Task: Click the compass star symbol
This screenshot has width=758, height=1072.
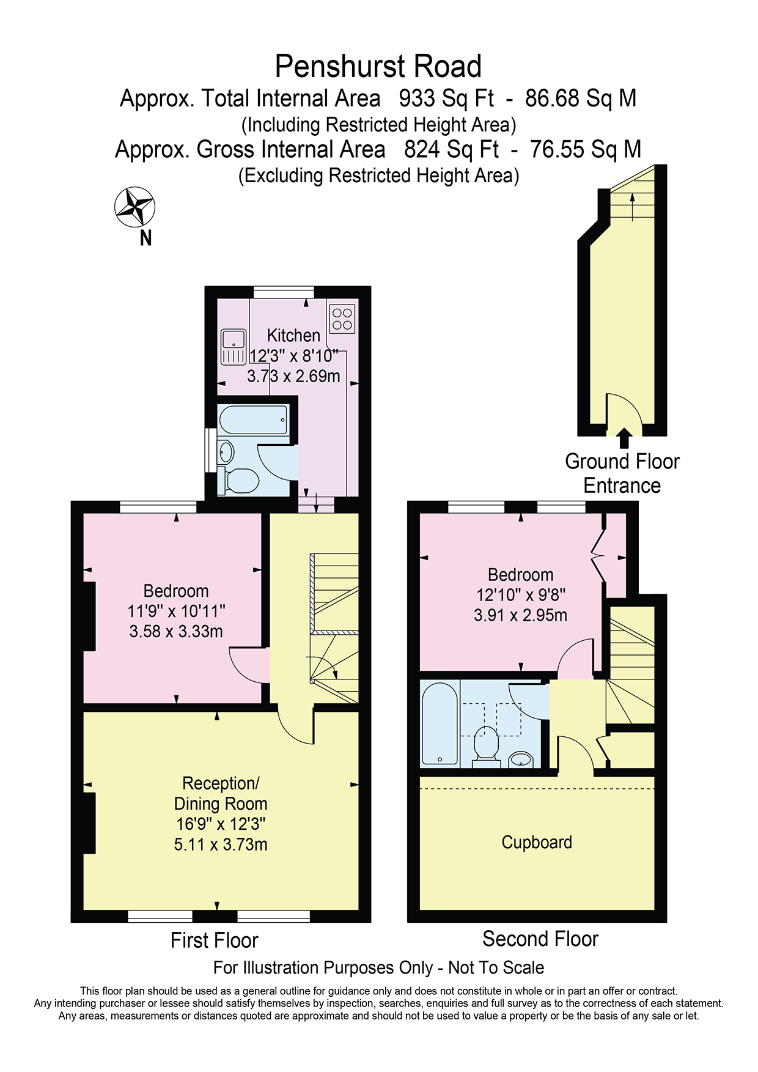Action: pyautogui.click(x=134, y=207)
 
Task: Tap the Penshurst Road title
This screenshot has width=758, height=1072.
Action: pyautogui.click(x=378, y=66)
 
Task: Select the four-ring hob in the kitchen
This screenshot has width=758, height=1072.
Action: pyautogui.click(x=342, y=319)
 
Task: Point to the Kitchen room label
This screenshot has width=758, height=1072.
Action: pyautogui.click(x=293, y=335)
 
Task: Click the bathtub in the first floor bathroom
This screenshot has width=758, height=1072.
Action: pyautogui.click(x=254, y=420)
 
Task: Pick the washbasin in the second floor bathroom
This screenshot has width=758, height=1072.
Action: pyautogui.click(x=521, y=760)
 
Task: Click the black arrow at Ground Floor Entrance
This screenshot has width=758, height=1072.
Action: pyautogui.click(x=624, y=438)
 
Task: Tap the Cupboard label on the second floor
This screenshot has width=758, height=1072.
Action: pyautogui.click(x=537, y=842)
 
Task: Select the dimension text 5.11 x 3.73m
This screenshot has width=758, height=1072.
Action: pyautogui.click(x=221, y=845)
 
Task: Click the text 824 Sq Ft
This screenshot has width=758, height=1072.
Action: pyautogui.click(x=451, y=149)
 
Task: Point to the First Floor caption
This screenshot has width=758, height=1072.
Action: pyautogui.click(x=215, y=940)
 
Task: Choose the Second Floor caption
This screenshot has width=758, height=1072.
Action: pyautogui.click(x=540, y=939)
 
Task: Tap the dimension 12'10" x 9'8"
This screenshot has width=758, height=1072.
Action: pyautogui.click(x=521, y=594)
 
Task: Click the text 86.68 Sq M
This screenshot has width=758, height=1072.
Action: pyautogui.click(x=581, y=98)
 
